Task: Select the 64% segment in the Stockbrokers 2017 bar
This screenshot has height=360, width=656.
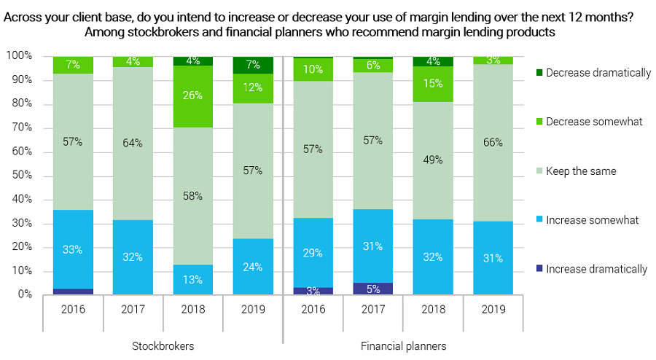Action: pyautogui.click(x=133, y=143)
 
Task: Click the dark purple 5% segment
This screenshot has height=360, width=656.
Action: pyautogui.click(x=372, y=289)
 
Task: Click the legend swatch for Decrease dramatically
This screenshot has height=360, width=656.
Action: pyautogui.click(x=539, y=72)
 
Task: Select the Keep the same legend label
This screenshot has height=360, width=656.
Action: pyautogui.click(x=581, y=171)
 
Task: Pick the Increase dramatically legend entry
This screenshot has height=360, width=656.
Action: pyautogui.click(x=596, y=269)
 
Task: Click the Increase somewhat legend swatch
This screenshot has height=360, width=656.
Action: pyautogui.click(x=539, y=220)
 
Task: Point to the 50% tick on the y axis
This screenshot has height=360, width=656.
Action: pyautogui.click(x=20, y=176)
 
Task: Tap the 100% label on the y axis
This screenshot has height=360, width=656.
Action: pyautogui.click(x=18, y=56)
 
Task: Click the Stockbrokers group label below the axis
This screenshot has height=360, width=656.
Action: pyautogui.click(x=163, y=346)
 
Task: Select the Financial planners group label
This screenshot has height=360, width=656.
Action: pyautogui.click(x=403, y=346)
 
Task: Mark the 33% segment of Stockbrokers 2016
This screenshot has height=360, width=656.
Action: pyautogui.click(x=73, y=249)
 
